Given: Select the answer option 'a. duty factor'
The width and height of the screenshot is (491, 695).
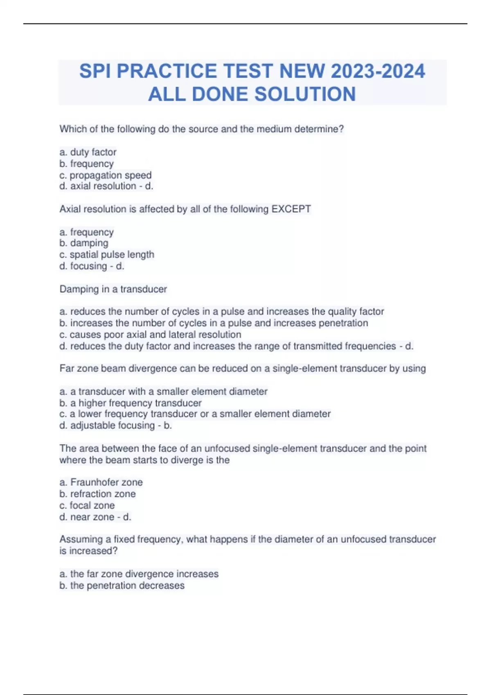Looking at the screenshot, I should (x=88, y=152).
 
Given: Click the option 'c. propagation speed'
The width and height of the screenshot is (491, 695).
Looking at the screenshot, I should (x=106, y=175).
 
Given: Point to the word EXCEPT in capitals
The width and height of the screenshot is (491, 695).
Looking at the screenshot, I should (x=291, y=209).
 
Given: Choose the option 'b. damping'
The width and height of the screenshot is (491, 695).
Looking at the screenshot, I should (x=84, y=243).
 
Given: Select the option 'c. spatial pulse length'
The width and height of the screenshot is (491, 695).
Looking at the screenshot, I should (x=107, y=254).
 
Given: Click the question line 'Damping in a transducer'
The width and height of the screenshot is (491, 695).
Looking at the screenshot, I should (x=113, y=289).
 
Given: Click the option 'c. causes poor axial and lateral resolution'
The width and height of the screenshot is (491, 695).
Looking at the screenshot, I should (x=150, y=334).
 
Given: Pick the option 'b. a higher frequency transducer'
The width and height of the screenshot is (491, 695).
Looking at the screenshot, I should (x=131, y=403).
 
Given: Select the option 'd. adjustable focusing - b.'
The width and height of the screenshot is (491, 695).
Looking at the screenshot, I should (x=115, y=426).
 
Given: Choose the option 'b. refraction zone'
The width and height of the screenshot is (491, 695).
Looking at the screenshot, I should (x=97, y=494).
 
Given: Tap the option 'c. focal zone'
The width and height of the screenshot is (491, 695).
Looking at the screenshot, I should (x=87, y=505).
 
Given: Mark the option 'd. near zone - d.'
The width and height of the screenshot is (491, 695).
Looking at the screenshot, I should (x=95, y=517).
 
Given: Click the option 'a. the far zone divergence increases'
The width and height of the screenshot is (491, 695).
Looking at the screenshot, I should (x=139, y=574).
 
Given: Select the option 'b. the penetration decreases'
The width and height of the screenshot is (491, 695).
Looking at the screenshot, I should (x=122, y=585).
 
